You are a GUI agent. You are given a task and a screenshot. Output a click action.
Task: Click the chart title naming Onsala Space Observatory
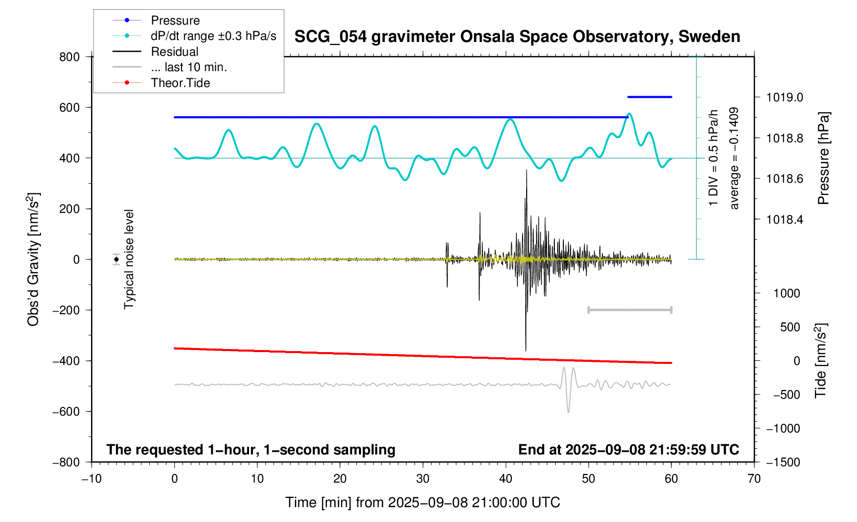517,37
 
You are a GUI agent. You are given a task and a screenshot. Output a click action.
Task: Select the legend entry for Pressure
175,20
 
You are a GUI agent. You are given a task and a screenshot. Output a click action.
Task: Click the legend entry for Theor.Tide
180,83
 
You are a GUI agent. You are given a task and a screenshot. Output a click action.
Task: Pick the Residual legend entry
174,52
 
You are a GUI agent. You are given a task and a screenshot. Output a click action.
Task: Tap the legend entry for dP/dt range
213,36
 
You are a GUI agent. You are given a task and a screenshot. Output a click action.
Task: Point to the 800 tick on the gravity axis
70,57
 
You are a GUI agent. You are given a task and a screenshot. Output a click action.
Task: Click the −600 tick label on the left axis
66,411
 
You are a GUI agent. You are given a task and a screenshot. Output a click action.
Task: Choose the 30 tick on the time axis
423,478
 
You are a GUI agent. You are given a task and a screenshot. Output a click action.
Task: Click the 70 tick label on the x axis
754,478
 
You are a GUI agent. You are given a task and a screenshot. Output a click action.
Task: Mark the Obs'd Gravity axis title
33,259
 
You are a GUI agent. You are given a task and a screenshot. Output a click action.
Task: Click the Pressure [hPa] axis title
823,158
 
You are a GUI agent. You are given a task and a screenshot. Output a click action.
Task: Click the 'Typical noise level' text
129,259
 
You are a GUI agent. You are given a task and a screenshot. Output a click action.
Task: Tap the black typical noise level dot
117,259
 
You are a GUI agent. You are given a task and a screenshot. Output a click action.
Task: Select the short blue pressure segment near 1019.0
649,97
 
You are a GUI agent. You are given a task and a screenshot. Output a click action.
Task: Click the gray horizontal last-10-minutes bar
629,310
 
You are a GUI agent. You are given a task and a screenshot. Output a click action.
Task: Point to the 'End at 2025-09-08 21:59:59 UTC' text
628,450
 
